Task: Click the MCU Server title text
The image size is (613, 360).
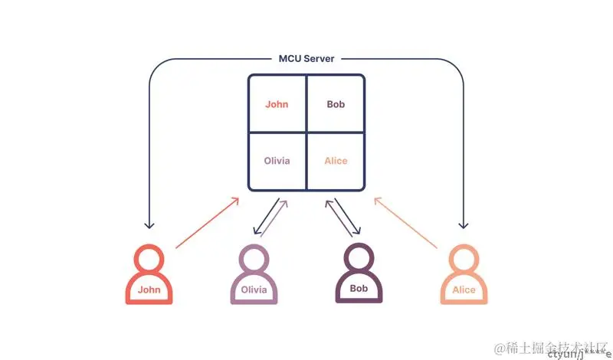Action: tap(306, 58)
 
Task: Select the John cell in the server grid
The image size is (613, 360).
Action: tap(277, 104)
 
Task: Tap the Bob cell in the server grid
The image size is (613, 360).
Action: tap(336, 104)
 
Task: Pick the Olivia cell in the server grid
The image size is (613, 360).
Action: tap(277, 161)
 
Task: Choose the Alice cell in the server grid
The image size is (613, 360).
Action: tap(336, 161)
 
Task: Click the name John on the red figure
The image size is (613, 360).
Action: tap(149, 290)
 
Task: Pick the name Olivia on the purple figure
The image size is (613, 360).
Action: tap(254, 290)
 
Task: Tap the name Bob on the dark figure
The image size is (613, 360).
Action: tap(359, 290)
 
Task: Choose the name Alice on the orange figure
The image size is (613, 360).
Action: tap(464, 290)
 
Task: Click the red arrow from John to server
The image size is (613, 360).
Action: tap(207, 223)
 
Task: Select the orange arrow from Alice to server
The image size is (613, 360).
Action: tap(406, 223)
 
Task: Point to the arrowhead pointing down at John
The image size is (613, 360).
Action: tap(149, 225)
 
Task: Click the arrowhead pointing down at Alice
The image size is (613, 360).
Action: tap(463, 225)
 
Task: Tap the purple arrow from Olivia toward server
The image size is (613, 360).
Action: tap(274, 218)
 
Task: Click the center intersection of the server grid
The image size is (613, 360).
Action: tap(306, 133)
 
